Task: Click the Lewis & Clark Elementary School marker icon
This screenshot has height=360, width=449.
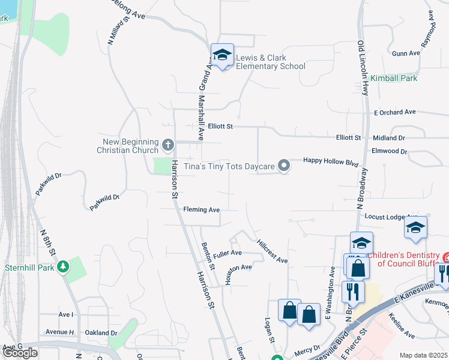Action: [222, 56]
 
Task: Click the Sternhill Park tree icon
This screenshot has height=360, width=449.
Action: [62, 267]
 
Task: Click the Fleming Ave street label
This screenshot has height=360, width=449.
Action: [202, 210]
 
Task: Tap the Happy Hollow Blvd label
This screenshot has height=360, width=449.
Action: [331, 161]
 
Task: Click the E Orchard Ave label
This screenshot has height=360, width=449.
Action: [394, 112]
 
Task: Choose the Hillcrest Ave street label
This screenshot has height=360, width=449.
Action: [273, 252]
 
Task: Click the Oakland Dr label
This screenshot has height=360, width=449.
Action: [101, 332]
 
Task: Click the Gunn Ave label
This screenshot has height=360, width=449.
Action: [406, 53]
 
